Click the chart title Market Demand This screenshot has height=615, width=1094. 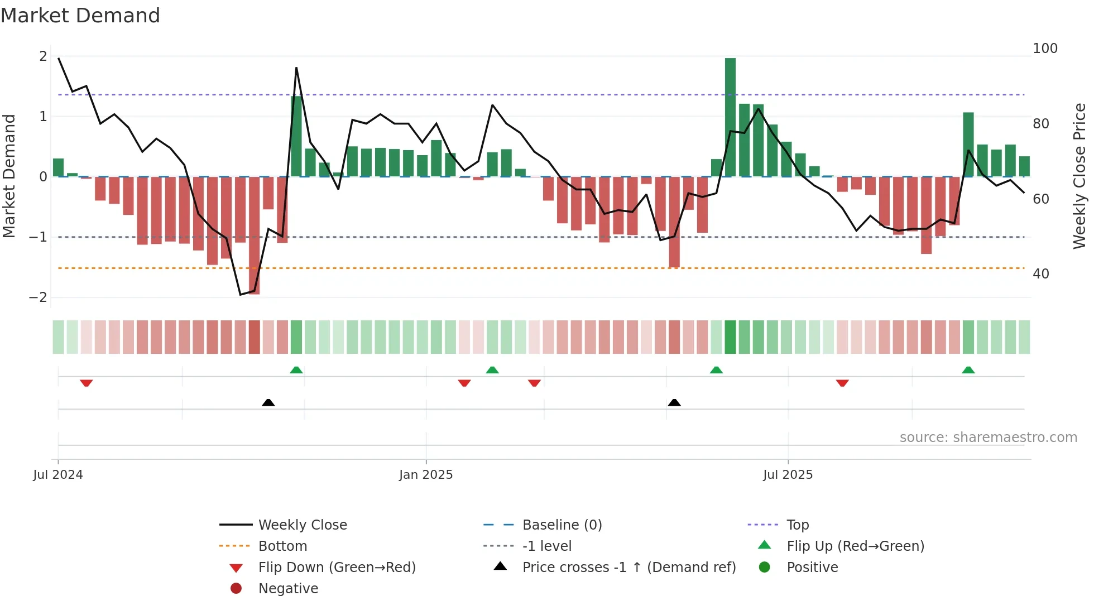[80, 16]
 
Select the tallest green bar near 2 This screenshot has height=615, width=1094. [730, 117]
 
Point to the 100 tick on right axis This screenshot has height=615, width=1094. [1045, 49]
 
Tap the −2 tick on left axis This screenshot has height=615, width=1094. [38, 297]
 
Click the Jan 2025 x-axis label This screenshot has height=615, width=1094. [426, 475]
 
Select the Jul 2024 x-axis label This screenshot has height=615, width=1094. [58, 475]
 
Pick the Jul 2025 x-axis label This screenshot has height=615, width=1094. [788, 475]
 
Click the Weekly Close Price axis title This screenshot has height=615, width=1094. [1079, 176]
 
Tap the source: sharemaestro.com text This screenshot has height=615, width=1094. [988, 438]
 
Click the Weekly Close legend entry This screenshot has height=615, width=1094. [303, 525]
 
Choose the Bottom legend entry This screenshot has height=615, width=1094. [282, 546]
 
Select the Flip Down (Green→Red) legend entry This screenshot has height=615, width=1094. [337, 568]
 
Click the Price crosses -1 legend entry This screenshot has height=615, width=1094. [628, 568]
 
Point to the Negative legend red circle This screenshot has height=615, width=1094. [236, 589]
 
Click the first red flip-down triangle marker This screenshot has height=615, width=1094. [86, 383]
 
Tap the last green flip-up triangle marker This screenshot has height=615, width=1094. [968, 370]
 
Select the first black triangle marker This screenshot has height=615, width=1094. [268, 402]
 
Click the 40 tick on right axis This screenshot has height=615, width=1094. [1040, 274]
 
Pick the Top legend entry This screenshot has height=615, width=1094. [797, 525]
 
